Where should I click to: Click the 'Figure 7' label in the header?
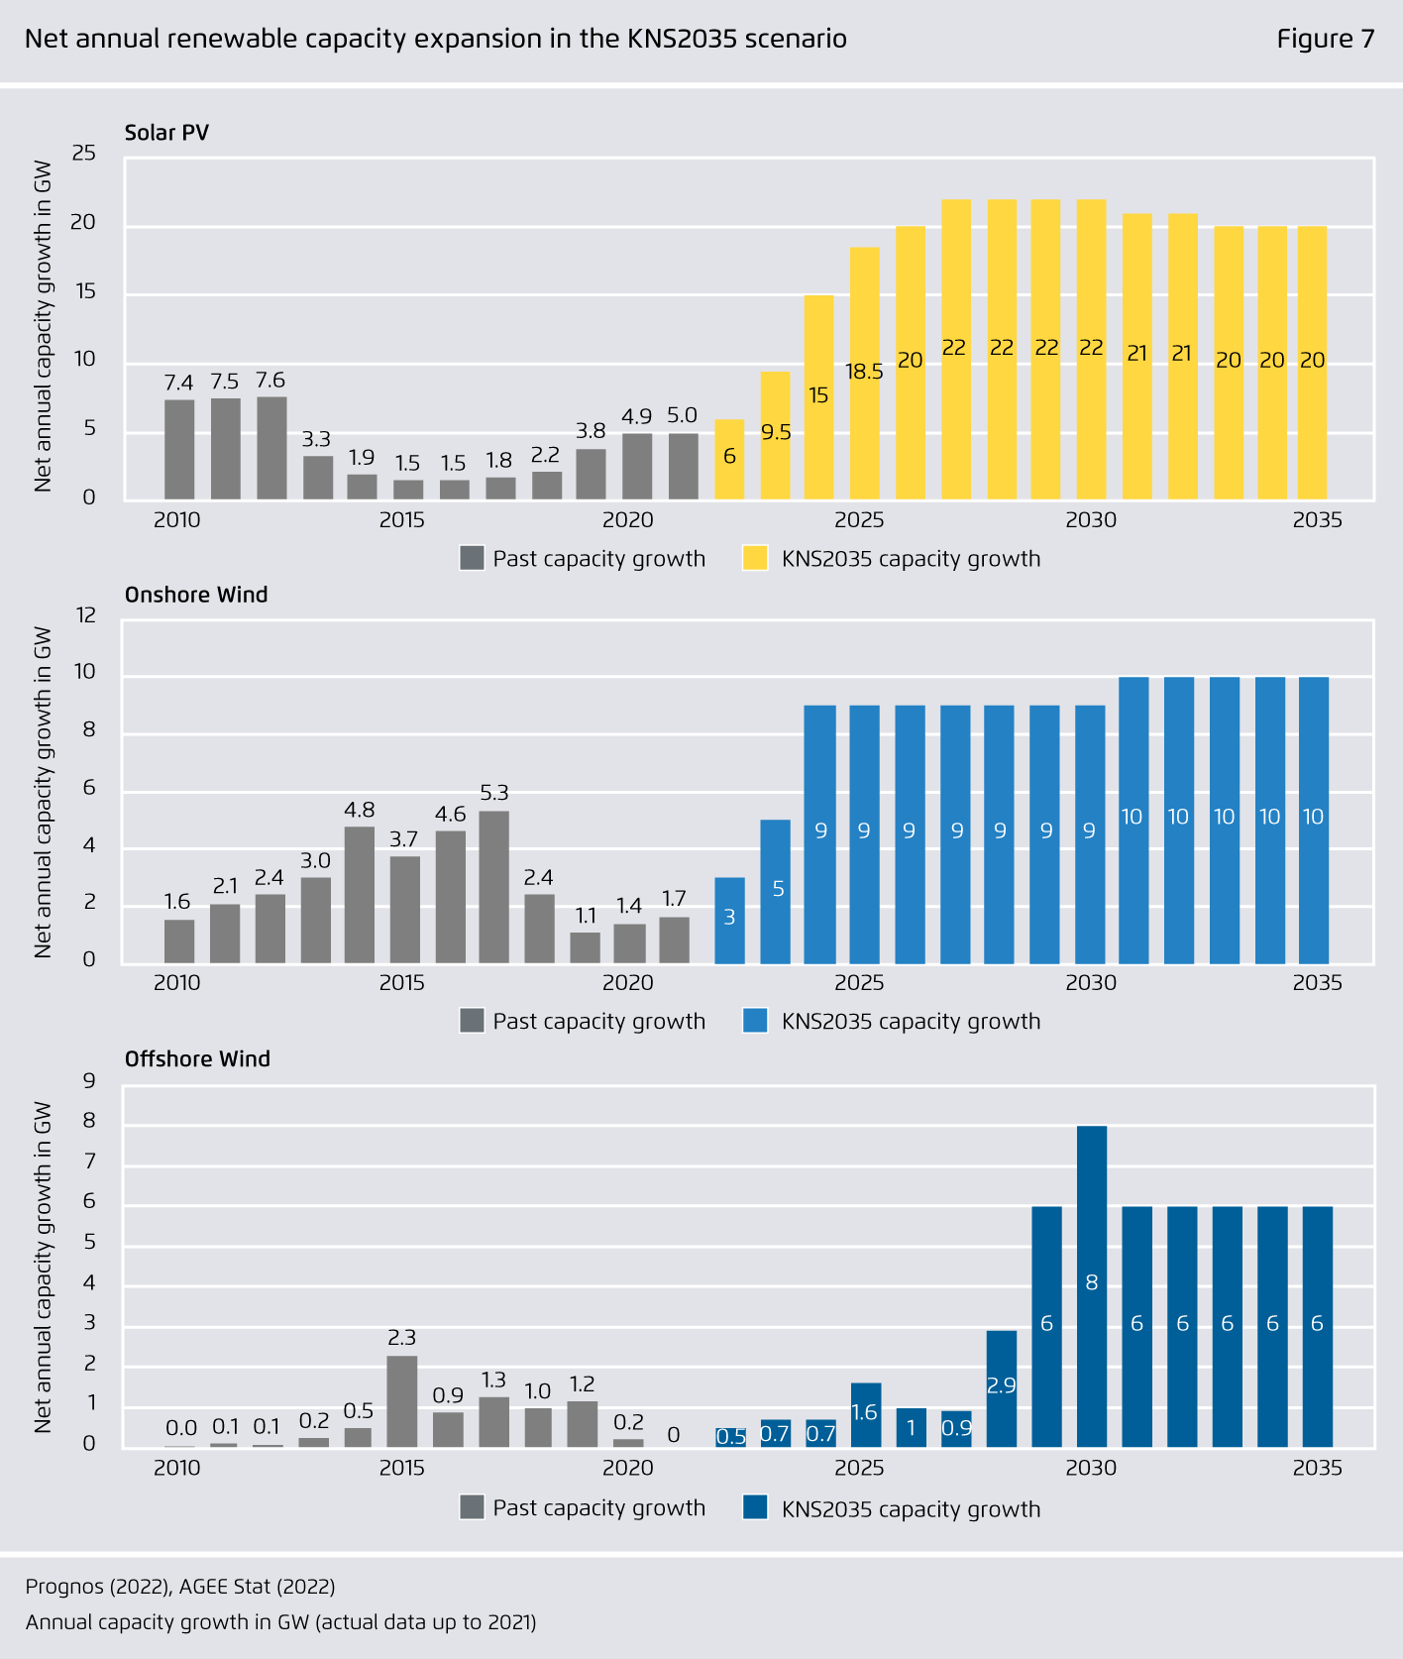1325,39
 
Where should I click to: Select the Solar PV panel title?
166,133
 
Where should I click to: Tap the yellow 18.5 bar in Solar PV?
864,373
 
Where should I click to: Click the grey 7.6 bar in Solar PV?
271,448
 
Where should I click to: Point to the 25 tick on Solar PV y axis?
84,153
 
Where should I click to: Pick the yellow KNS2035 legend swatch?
755,558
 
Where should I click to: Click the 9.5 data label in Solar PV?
776,432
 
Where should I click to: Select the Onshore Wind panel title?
196,595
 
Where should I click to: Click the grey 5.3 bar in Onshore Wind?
493,887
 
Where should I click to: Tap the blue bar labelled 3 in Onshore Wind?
729,921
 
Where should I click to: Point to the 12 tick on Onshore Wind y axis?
86,614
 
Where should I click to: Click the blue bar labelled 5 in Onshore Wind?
775,892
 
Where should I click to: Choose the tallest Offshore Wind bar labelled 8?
1092,1286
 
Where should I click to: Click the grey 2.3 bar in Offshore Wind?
401,1401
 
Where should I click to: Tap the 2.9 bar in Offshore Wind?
1002,1388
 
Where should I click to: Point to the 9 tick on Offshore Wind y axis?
90,1079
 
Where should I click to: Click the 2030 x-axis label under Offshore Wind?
1091,1467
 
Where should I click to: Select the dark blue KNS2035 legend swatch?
755,1507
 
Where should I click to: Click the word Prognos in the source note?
64,1587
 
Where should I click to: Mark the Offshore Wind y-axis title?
43,1267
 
